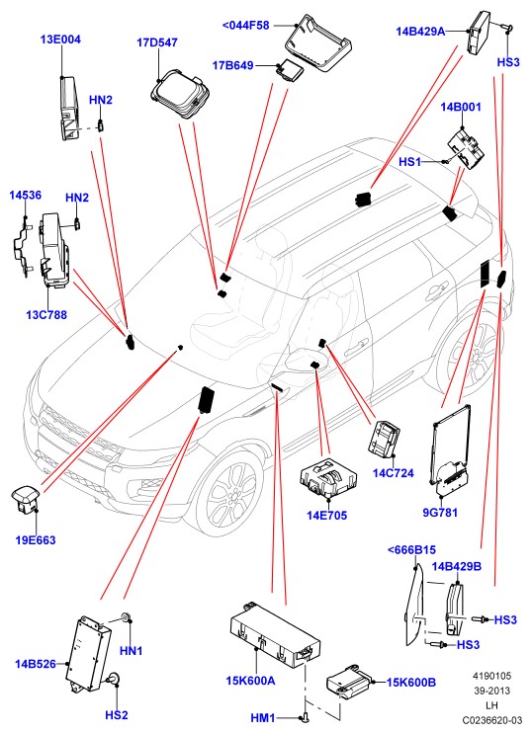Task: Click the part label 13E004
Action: [60, 40]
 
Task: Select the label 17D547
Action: [157, 42]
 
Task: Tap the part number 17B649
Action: [233, 65]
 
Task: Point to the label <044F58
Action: [246, 26]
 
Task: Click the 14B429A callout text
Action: [420, 32]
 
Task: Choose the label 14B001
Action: [461, 107]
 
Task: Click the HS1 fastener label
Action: [410, 162]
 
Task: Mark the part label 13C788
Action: [46, 314]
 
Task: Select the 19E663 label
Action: [36, 540]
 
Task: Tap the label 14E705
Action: [327, 516]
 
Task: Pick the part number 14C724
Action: [394, 473]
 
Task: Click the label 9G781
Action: [440, 513]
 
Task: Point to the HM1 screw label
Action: [263, 718]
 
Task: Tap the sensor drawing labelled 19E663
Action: [26, 497]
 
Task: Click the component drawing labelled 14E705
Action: [328, 477]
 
